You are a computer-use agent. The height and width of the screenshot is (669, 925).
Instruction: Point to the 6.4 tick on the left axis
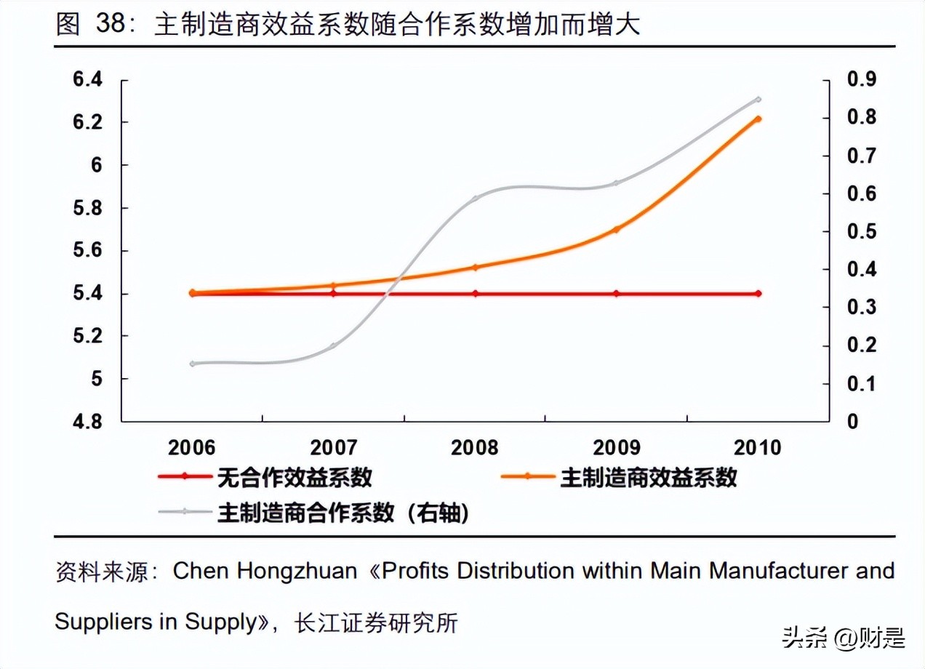coord(88,80)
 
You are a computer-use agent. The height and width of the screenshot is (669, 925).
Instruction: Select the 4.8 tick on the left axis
coord(88,422)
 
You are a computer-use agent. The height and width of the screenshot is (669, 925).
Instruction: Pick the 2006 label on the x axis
coord(191,447)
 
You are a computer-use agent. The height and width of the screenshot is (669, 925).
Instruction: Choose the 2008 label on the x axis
coord(475,447)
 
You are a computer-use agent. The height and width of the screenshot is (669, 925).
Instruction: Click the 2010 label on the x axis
coord(757,447)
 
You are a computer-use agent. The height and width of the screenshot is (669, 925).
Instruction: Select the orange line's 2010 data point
coord(758,119)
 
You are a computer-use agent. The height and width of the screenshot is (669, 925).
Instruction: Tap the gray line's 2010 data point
coord(758,99)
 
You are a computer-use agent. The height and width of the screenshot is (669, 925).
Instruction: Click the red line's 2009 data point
coord(617,294)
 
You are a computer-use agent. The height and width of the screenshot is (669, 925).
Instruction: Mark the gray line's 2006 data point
coord(193,363)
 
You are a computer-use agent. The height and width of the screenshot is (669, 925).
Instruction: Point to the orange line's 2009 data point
coord(617,229)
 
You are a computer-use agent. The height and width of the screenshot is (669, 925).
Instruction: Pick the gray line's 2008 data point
coord(476,198)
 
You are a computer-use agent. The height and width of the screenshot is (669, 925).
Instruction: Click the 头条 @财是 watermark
coord(844,638)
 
